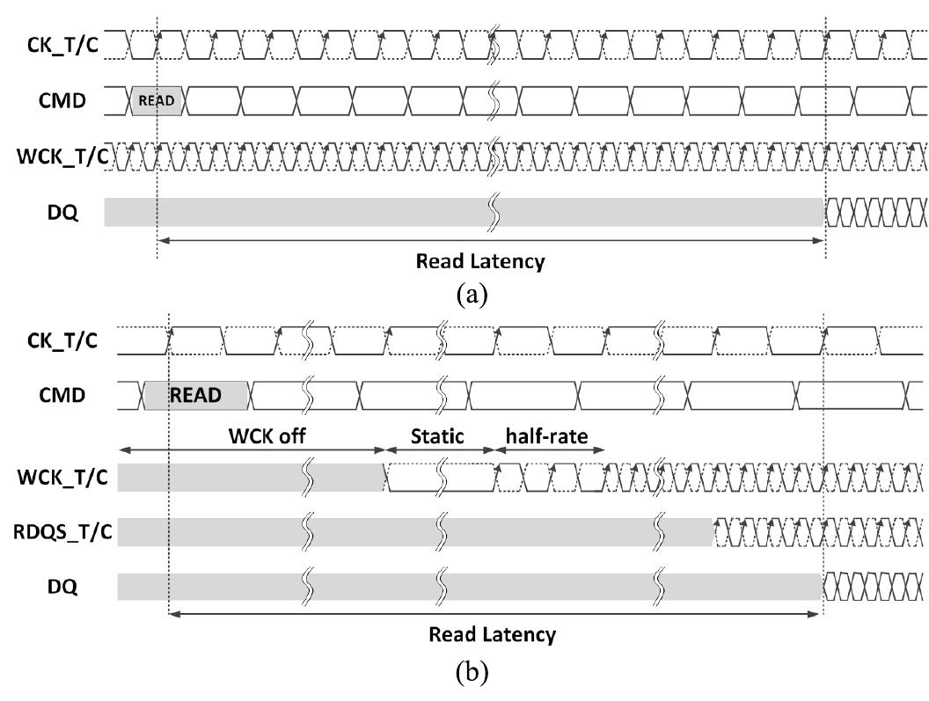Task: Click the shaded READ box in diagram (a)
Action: [158, 100]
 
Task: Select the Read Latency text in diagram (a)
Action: [479, 261]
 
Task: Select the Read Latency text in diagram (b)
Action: [492, 634]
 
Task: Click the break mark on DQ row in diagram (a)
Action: [494, 212]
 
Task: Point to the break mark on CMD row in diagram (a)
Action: [494, 100]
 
